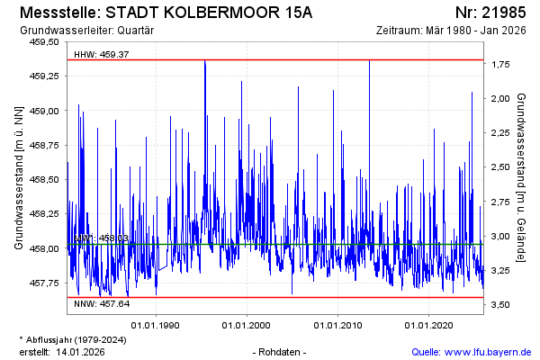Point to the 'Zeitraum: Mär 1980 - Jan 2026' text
tap(454, 31)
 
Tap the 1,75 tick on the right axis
tap(502, 65)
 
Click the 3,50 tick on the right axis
tap(502, 306)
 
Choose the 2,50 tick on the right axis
tap(502, 168)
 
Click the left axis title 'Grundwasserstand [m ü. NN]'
tap(19, 176)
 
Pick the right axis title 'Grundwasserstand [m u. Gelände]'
tap(523, 176)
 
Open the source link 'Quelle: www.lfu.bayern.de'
tap(471, 351)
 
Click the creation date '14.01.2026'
tap(81, 351)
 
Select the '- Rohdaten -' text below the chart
tap(281, 351)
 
